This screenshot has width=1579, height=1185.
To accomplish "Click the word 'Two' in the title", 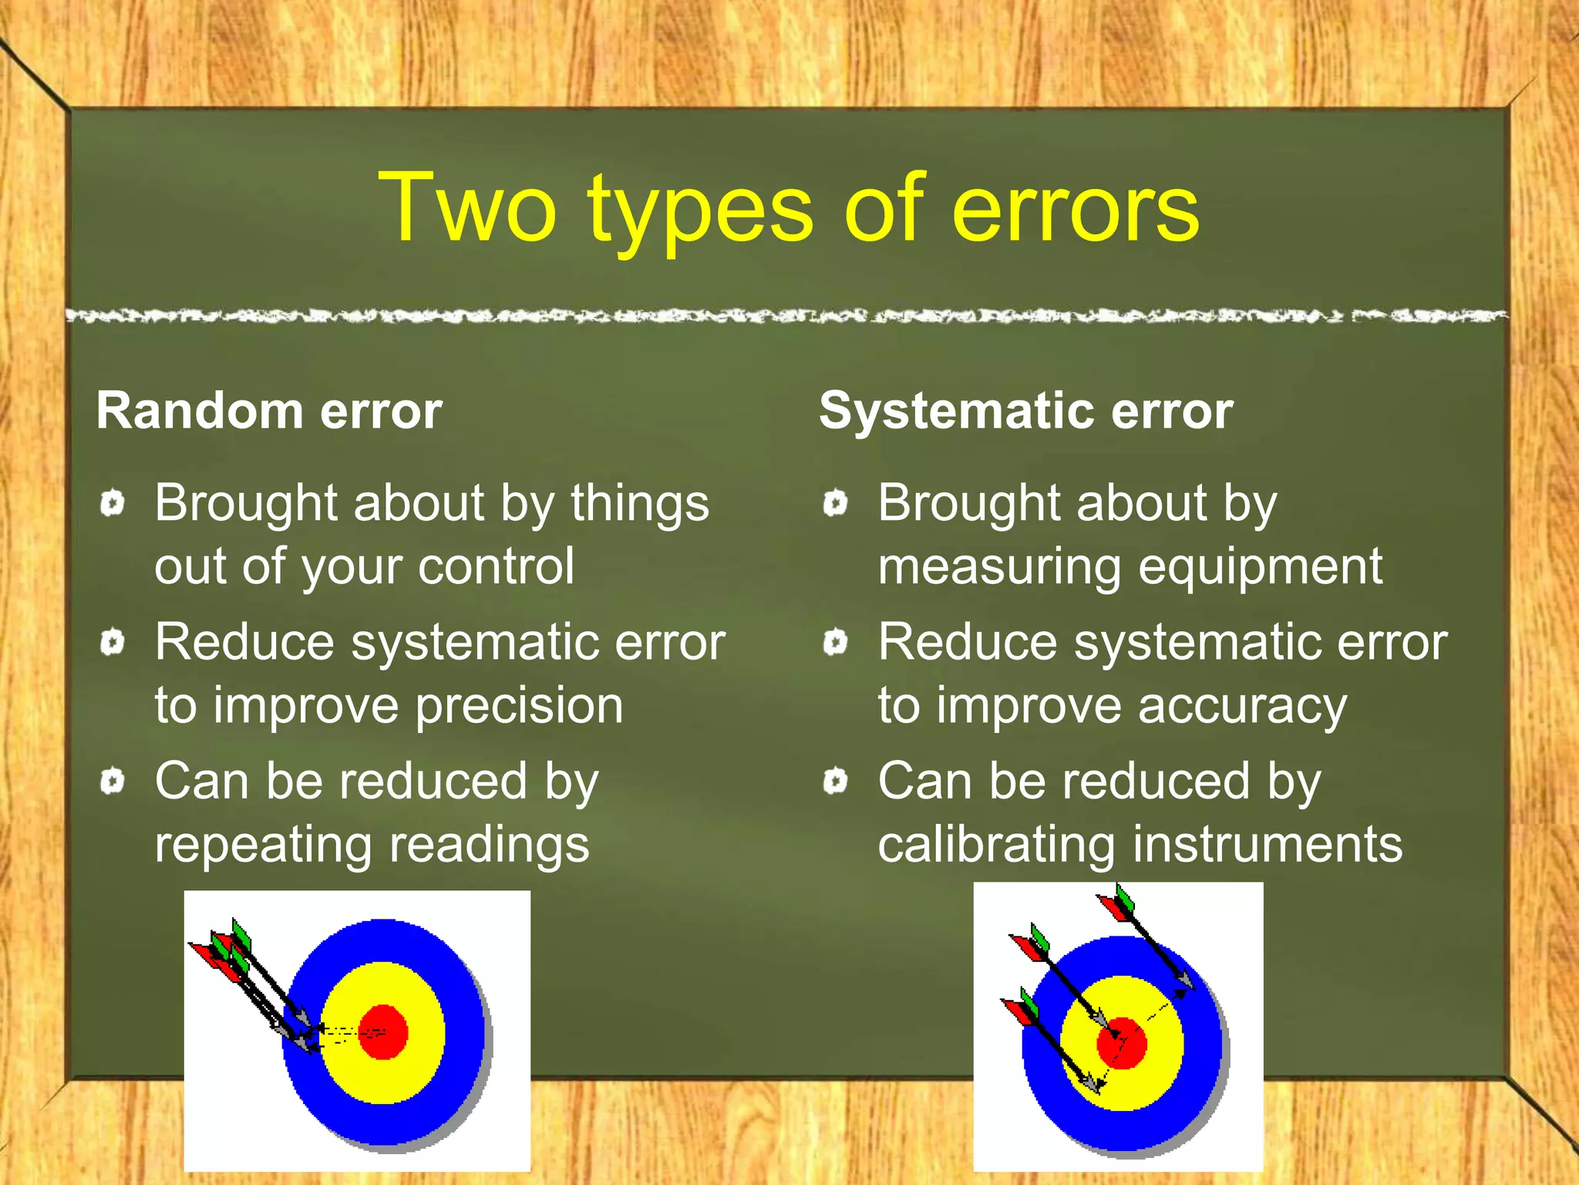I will click(x=467, y=208).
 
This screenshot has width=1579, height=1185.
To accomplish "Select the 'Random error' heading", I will click(x=269, y=410).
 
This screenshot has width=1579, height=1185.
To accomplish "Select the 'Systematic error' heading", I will click(x=1025, y=410).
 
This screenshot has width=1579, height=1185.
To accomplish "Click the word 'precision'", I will click(x=519, y=706).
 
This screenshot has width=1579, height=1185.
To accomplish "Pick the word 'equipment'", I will click(x=1260, y=567).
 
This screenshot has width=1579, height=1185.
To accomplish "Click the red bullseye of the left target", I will click(x=383, y=1031).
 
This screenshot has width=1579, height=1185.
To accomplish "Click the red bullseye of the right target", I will click(x=1123, y=1043).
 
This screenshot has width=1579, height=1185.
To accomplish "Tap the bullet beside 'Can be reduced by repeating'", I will click(x=113, y=782).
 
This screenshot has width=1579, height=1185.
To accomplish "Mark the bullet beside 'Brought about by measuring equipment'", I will click(x=835, y=504).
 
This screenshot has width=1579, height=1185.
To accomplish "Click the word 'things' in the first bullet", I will click(x=639, y=504).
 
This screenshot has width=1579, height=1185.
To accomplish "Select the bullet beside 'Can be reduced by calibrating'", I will click(x=835, y=782).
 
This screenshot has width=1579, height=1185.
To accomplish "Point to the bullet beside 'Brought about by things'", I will click(x=113, y=504).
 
